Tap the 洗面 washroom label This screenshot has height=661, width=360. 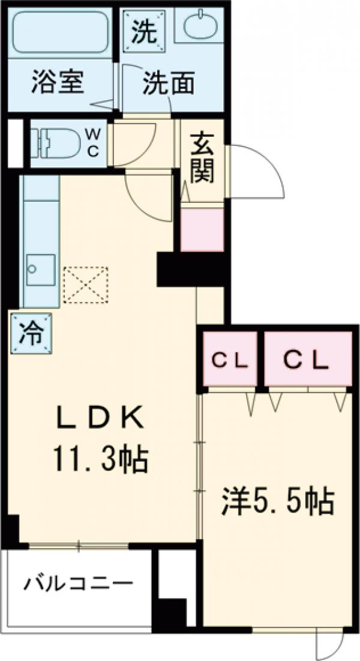(x=167, y=85)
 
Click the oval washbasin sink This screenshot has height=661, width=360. (x=199, y=27)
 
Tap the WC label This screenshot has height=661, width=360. (x=94, y=143)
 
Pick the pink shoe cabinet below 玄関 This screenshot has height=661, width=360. (x=202, y=229)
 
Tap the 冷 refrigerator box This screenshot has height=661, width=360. (x=30, y=333)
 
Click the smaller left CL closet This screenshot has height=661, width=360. (x=230, y=360)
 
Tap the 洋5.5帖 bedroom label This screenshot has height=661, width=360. (x=277, y=502)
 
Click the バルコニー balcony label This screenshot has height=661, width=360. (x=78, y=583)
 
